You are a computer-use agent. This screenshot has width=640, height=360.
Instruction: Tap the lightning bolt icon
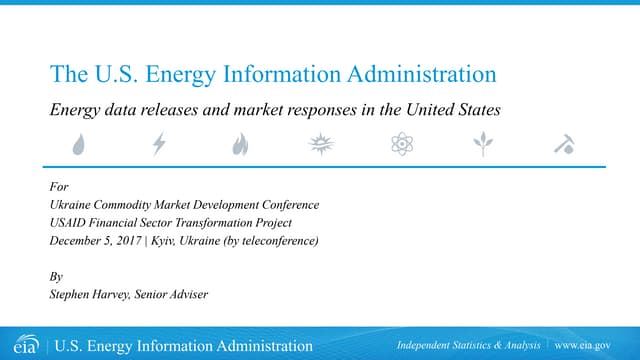coord(159,146)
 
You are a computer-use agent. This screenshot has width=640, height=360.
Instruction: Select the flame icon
coord(240,146)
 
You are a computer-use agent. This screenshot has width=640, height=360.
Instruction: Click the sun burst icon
coord(320,146)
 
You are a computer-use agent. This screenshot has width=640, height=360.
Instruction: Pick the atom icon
coord(401,146)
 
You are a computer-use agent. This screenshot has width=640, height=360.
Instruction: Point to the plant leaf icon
coord(484,146)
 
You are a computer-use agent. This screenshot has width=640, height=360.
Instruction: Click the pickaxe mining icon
coord(563,146)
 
